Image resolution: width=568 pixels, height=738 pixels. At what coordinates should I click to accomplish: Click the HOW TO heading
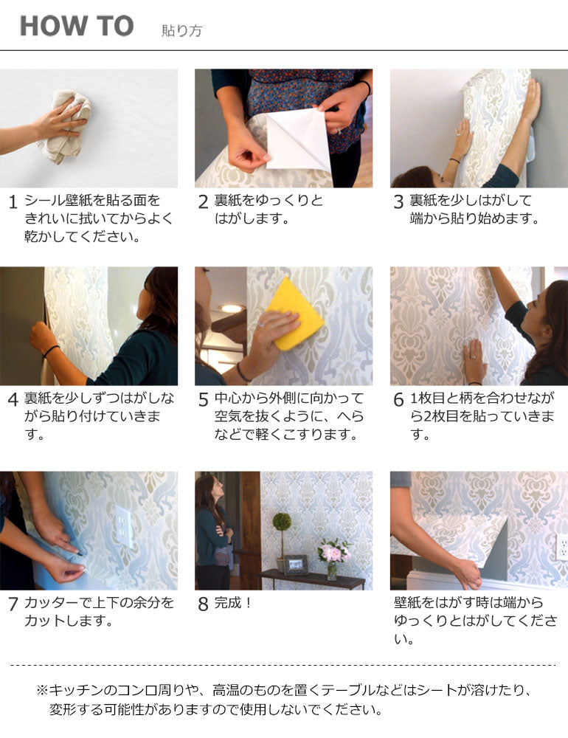tap(76, 27)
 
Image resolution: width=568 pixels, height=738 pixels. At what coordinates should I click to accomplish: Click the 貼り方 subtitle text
tap(181, 30)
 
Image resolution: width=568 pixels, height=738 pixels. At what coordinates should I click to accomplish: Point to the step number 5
tap(203, 401)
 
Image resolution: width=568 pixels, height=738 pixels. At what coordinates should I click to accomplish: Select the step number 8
tap(203, 605)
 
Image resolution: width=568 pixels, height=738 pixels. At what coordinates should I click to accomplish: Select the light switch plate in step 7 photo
tap(124, 525)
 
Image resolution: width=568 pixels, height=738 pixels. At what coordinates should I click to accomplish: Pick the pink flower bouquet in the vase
tap(333, 551)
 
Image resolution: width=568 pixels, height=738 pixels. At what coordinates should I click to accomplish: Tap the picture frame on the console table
tap(297, 565)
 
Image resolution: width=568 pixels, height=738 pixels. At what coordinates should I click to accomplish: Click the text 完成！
tap(234, 603)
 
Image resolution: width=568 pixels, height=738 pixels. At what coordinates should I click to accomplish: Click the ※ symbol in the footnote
tap(42, 691)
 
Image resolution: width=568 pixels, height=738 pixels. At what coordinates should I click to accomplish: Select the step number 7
tap(13, 605)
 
